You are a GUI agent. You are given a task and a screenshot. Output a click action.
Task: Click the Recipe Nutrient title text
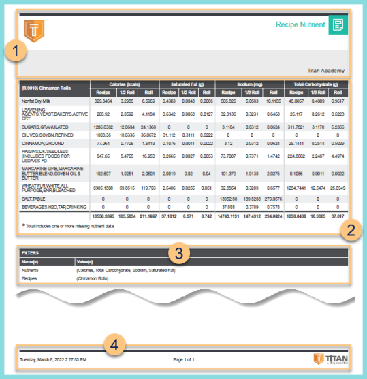[300, 24]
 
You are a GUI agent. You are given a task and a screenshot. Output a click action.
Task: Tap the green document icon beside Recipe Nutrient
[337, 24]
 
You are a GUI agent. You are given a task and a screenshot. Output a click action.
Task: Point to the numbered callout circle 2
[350, 229]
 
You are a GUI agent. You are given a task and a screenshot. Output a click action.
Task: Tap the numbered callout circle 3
[178, 254]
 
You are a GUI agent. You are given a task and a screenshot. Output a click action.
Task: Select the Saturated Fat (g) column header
[187, 84]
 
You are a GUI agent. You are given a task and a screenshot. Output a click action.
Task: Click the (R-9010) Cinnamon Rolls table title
[46, 88]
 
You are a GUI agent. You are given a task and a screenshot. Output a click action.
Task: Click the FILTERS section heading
[30, 252]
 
